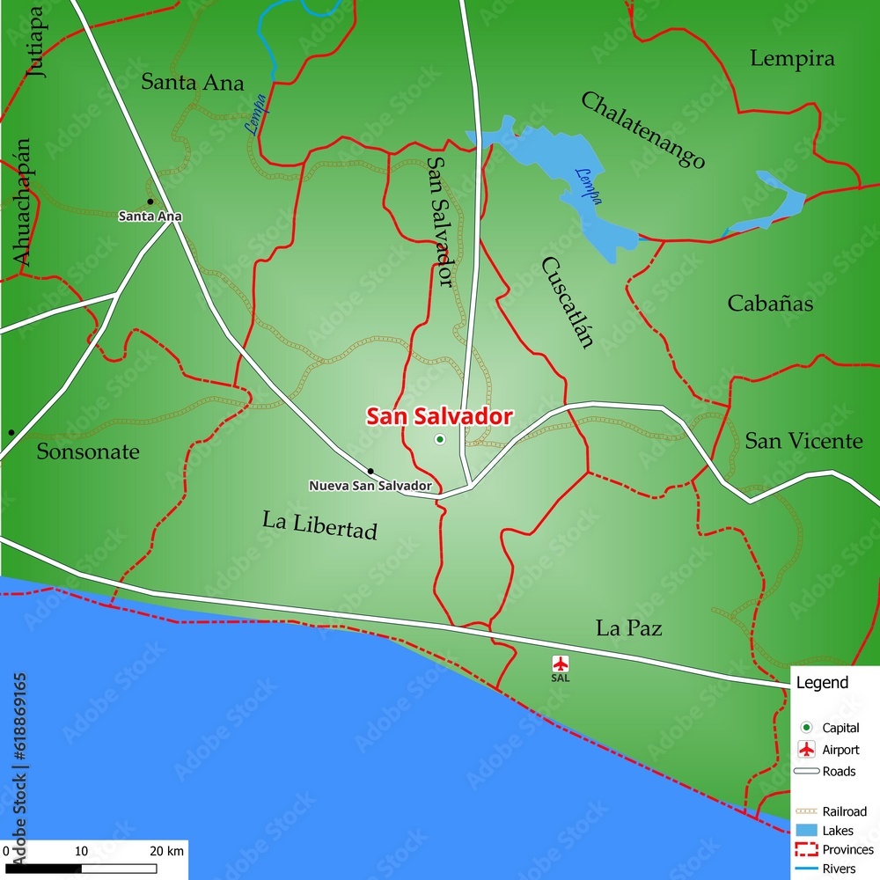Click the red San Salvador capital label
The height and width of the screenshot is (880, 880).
click(x=439, y=416)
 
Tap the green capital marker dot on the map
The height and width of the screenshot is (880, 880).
click(x=440, y=439)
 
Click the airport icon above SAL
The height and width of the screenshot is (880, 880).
click(x=561, y=664)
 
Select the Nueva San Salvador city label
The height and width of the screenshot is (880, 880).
click(x=370, y=486)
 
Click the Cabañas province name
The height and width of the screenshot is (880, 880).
click(x=770, y=304)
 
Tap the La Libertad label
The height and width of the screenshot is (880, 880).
click(x=319, y=524)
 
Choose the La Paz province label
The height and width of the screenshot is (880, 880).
click(x=628, y=628)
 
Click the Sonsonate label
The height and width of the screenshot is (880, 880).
click(x=88, y=452)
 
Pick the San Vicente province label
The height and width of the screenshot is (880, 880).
click(x=803, y=441)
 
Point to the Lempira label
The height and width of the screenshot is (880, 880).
click(x=792, y=59)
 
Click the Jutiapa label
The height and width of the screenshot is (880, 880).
click(x=37, y=42)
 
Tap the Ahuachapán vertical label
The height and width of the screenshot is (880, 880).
click(x=22, y=202)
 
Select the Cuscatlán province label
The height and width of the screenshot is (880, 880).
click(x=568, y=303)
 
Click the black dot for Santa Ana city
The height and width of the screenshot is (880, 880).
click(x=150, y=202)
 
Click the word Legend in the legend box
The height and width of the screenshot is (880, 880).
click(x=822, y=682)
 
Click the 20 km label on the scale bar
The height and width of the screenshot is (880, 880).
click(x=167, y=851)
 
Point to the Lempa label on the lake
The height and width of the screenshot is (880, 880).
click(x=588, y=186)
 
